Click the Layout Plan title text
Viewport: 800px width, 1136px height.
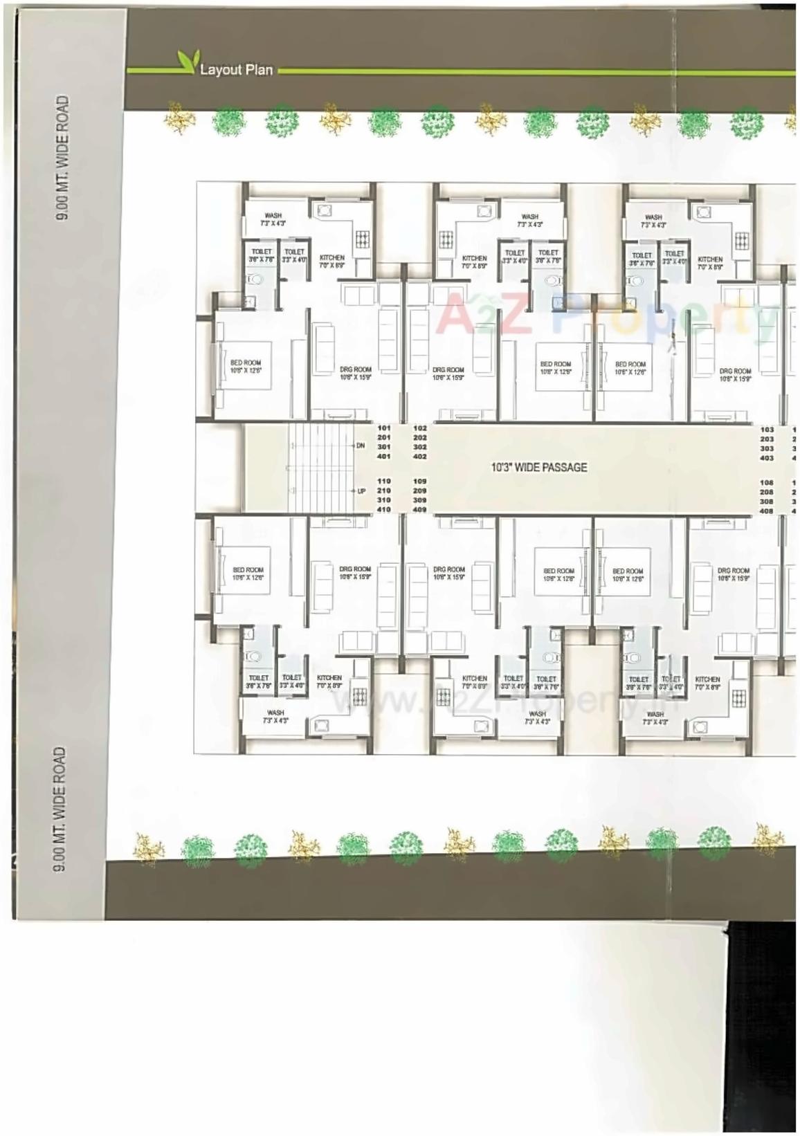tap(236, 70)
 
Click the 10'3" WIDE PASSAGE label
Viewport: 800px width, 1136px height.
tap(538, 468)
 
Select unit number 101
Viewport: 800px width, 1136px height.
tap(383, 428)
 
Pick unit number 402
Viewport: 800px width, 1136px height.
tap(419, 457)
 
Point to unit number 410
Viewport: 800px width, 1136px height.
tap(383, 510)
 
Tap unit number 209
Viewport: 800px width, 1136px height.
tap(419, 491)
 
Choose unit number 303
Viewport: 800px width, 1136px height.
tap(767, 448)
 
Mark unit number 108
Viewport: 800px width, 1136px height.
tap(767, 482)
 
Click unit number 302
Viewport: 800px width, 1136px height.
tap(419, 448)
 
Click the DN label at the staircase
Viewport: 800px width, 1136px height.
tap(361, 446)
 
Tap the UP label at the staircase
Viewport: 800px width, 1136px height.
tap(361, 491)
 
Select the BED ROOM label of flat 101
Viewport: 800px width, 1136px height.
tap(246, 363)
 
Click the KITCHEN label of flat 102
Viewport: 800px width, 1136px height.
tap(475, 258)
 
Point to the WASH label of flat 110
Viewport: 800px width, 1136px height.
tap(275, 713)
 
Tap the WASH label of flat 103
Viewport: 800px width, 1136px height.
tap(653, 217)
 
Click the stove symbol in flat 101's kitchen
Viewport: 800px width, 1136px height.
tap(363, 239)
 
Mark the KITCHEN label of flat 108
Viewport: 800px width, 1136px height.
tap(708, 679)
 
